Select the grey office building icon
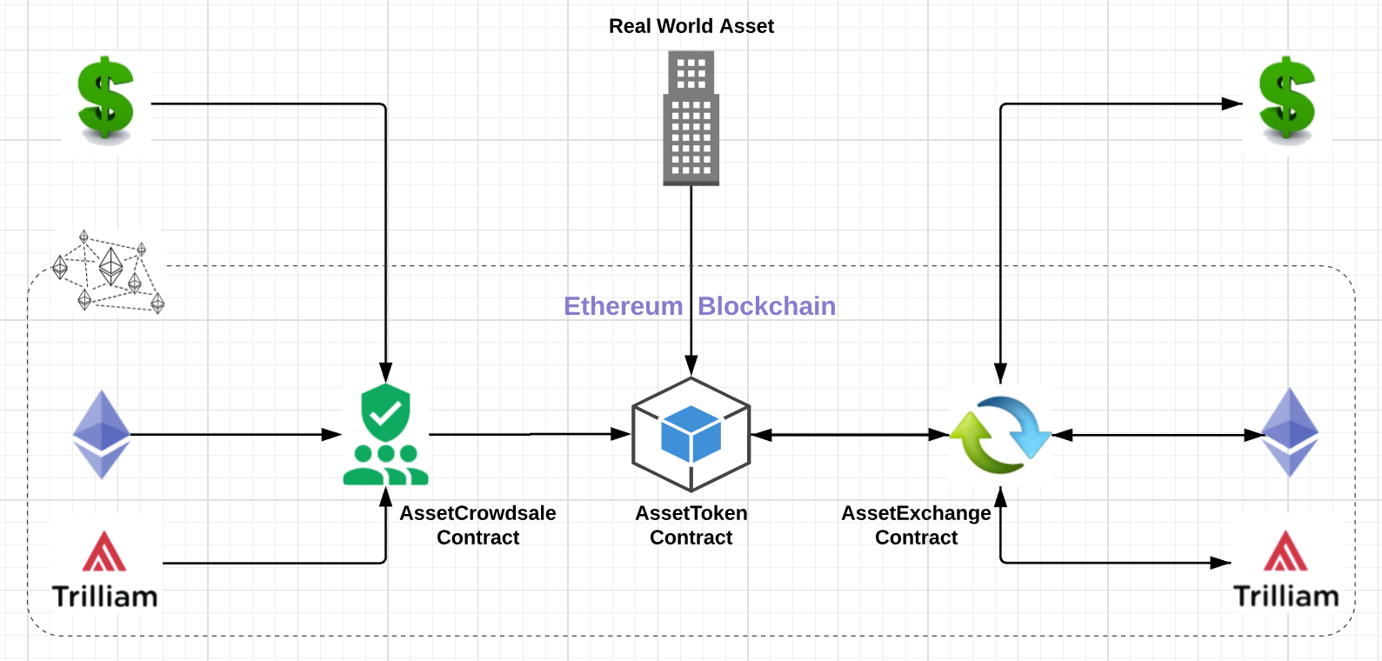(691, 118)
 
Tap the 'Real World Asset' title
(691, 26)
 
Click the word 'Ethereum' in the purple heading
(623, 306)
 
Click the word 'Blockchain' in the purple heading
(766, 306)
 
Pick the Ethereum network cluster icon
(110, 271)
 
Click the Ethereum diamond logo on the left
(101, 434)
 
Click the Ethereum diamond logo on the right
(1290, 433)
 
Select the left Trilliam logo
(105, 570)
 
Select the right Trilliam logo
(1285, 570)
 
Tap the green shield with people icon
(385, 434)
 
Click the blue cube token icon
(691, 434)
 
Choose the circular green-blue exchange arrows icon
(1000, 434)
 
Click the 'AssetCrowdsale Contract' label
(477, 525)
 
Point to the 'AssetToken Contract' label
(691, 525)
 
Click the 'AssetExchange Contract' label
(916, 525)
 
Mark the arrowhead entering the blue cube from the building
(691, 366)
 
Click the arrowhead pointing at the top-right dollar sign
(1232, 103)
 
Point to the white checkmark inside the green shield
(385, 413)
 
